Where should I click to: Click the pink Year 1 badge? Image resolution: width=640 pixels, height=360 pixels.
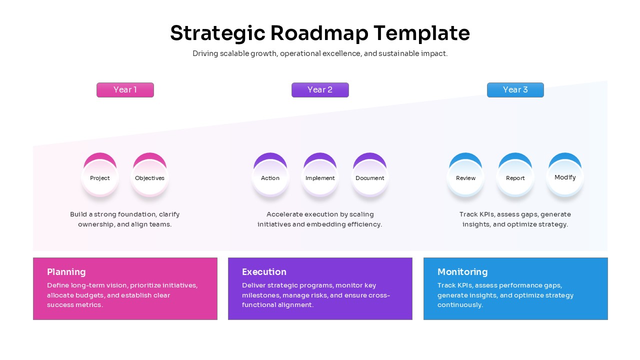click(x=125, y=90)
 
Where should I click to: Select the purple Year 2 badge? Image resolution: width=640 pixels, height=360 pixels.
click(x=320, y=90)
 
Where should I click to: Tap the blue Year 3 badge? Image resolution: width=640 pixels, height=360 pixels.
click(x=515, y=90)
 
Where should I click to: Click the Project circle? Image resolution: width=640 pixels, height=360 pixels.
click(x=100, y=177)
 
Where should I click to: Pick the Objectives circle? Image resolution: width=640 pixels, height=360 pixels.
click(x=149, y=177)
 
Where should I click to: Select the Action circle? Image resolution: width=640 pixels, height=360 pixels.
click(x=270, y=177)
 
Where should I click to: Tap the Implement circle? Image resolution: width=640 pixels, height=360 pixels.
click(x=320, y=177)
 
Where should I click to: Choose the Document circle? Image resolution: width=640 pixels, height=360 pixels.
click(x=369, y=177)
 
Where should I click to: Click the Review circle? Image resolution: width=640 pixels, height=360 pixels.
click(x=465, y=177)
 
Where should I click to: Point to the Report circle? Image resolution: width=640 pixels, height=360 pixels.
click(x=515, y=177)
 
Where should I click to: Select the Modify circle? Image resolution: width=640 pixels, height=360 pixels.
click(x=565, y=177)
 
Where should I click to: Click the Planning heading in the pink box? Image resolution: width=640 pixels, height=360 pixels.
click(x=66, y=272)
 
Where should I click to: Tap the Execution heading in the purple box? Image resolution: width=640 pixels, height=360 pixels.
click(x=264, y=272)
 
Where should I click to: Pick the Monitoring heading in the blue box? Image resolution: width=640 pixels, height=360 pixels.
click(x=462, y=272)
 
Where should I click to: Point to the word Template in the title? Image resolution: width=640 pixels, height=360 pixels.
click(x=421, y=33)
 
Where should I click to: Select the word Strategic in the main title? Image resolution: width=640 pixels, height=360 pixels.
click(x=217, y=33)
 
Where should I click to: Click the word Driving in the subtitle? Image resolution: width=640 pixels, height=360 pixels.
click(x=205, y=53)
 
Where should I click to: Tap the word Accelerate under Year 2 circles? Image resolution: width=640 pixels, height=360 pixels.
click(x=285, y=214)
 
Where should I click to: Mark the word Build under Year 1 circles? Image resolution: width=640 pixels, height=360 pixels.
click(x=78, y=214)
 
